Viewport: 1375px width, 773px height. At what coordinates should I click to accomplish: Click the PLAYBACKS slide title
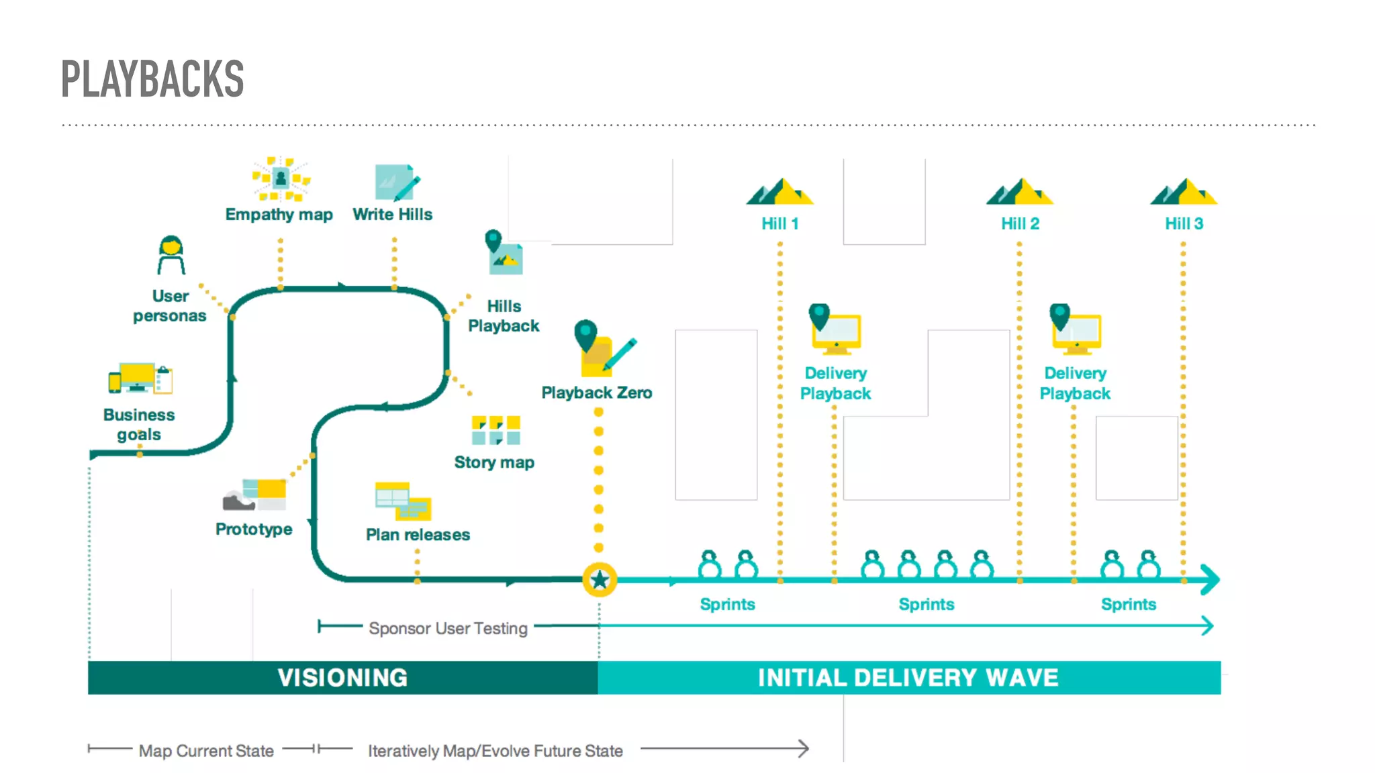[152, 79]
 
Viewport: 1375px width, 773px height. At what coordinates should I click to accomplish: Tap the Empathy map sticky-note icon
[281, 178]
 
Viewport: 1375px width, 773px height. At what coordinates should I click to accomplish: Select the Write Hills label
[392, 214]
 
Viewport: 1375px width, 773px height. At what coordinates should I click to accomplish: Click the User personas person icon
[171, 255]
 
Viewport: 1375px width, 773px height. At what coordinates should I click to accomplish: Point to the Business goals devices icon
[140, 379]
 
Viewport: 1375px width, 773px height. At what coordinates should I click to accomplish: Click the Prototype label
[254, 529]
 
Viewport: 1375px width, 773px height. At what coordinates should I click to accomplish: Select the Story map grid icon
[495, 430]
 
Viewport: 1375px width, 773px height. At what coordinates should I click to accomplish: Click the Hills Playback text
[504, 316]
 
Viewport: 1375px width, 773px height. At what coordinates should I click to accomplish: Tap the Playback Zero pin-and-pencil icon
[603, 348]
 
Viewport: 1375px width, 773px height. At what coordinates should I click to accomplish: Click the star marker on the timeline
[600, 580]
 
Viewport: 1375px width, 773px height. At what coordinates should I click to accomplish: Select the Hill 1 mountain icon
[779, 192]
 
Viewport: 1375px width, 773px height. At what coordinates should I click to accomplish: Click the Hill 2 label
[1020, 223]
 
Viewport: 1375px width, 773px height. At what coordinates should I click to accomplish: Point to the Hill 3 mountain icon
[1184, 192]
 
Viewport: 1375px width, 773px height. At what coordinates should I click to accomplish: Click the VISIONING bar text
[342, 678]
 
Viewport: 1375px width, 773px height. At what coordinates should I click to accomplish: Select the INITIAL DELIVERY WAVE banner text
[908, 678]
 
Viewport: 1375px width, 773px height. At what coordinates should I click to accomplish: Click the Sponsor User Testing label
[448, 628]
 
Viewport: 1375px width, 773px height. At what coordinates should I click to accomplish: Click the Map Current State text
[206, 751]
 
